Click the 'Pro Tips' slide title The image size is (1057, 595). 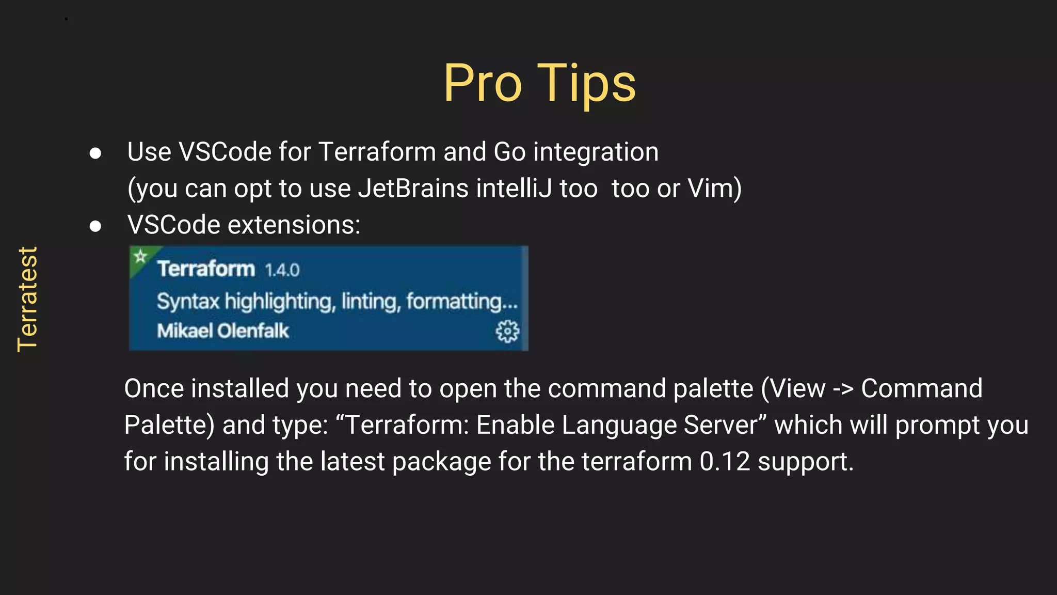539,84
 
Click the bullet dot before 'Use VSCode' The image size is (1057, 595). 95,153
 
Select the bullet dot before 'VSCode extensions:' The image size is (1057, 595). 95,226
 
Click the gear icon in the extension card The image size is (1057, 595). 507,331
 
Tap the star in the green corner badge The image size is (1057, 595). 140,256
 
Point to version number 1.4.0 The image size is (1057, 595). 282,270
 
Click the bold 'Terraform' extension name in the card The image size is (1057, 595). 206,269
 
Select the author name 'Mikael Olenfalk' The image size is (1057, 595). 223,331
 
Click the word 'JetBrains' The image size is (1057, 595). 413,188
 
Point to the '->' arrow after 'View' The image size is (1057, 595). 843,389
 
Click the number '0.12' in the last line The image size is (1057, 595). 725,461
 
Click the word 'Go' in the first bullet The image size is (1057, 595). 509,152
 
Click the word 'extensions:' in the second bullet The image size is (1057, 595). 294,225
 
